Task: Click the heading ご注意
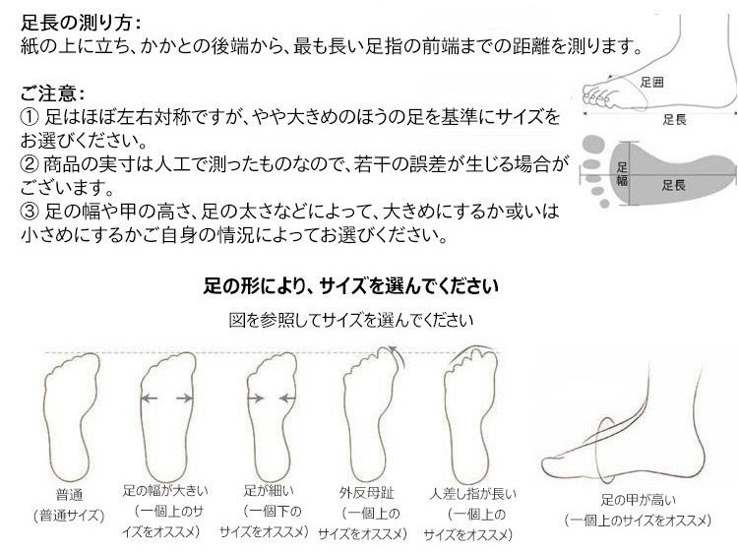point(48,93)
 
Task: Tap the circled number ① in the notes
point(30,117)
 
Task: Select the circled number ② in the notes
point(30,164)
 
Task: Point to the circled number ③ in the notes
point(30,212)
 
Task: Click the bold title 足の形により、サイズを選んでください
point(350,285)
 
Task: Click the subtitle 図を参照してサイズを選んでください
point(350,320)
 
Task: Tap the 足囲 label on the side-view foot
point(651,83)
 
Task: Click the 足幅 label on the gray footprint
point(622,173)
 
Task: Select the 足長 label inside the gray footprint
point(673,185)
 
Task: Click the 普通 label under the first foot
point(69,495)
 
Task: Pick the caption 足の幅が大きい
point(165,490)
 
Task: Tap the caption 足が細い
point(269,490)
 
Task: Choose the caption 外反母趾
point(367,493)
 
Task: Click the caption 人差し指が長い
point(472,494)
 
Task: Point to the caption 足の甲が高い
point(638,499)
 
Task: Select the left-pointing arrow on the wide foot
point(150,399)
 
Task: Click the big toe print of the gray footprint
point(593,144)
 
